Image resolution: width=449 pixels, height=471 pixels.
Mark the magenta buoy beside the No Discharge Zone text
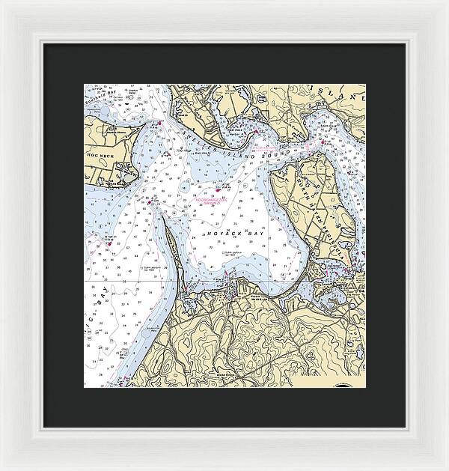pos(218,192)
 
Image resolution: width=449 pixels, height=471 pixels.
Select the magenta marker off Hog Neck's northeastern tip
pos(159,123)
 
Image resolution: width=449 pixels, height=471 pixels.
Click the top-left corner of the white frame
pos(3,3)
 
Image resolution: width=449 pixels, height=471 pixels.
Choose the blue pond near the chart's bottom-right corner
pos(347,343)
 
